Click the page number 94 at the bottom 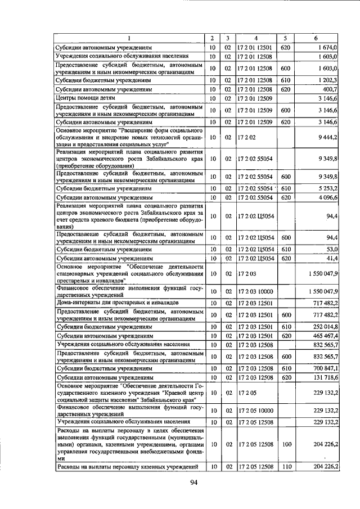(194, 482)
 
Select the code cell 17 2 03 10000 (256, 292)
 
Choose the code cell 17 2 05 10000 (256, 411)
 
